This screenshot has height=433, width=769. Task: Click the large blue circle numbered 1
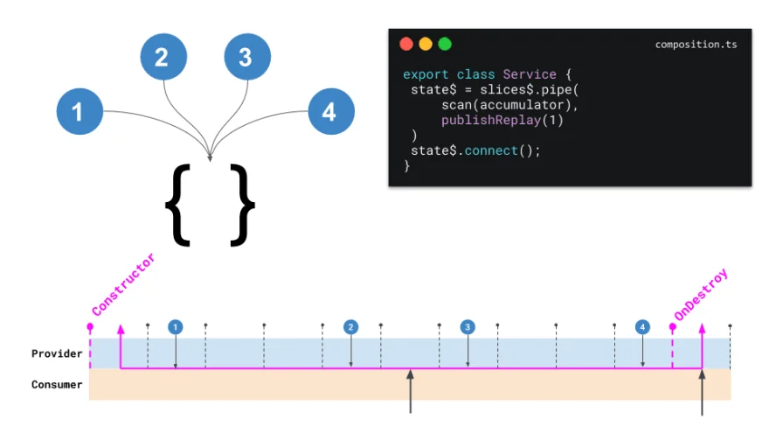click(80, 111)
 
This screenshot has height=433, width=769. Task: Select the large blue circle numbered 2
click(163, 57)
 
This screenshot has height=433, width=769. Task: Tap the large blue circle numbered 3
click(247, 57)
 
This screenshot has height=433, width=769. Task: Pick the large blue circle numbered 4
click(331, 111)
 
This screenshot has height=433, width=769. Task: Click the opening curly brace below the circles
click(177, 205)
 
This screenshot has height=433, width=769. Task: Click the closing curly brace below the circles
click(243, 205)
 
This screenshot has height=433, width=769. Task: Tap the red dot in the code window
click(406, 45)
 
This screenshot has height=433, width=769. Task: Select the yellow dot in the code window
click(426, 45)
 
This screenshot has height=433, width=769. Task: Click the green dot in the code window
click(445, 45)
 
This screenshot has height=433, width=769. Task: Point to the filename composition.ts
click(696, 45)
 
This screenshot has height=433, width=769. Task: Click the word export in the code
click(426, 74)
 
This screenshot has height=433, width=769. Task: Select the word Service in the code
click(530, 74)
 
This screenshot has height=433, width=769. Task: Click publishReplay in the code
click(491, 121)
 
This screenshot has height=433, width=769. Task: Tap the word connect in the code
click(491, 150)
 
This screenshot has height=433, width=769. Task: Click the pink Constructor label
click(123, 284)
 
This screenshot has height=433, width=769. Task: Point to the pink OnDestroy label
click(701, 295)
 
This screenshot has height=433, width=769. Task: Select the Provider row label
click(57, 354)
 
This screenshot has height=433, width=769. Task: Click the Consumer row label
click(57, 384)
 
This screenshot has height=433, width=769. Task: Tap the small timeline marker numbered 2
click(350, 327)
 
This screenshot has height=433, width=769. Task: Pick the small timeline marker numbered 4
click(642, 327)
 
